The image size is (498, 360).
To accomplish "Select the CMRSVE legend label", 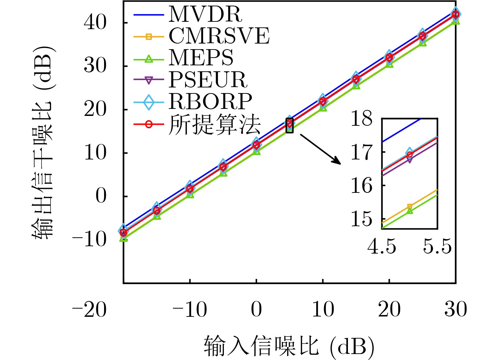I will tap(219, 36).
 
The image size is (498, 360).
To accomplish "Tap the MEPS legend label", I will tap(201, 58).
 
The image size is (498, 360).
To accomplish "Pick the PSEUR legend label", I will tap(208, 80).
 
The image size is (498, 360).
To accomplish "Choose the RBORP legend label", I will tap(210, 102).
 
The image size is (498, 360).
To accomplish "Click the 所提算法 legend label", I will tap(214, 124).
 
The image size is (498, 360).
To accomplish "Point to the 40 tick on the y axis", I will tap(95, 23).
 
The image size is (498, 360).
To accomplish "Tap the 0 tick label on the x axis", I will tap(256, 309).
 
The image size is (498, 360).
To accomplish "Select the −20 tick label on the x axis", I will tap(89, 309).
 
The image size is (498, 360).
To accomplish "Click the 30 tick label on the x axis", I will tap(455, 309).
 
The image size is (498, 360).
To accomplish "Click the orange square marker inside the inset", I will tap(409, 207).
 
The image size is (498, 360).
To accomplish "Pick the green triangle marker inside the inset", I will tap(409, 211).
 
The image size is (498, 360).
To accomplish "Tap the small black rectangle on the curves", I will tap(290, 125).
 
